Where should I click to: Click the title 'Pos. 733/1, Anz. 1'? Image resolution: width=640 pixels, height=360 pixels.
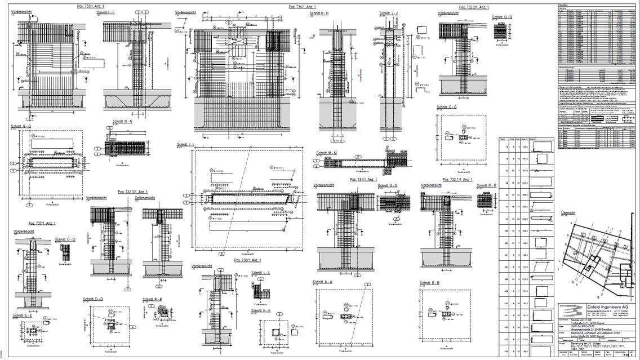point(90,5)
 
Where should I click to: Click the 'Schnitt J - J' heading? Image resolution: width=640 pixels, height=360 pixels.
point(389,13)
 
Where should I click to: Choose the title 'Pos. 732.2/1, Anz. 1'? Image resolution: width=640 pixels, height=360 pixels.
point(474,7)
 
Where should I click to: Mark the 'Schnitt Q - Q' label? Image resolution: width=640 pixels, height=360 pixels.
point(502,17)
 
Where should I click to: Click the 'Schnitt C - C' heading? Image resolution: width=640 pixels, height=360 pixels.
point(447,107)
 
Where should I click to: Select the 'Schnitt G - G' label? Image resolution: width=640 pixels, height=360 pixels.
point(21,126)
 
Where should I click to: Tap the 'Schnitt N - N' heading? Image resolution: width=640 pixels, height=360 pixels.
point(122,121)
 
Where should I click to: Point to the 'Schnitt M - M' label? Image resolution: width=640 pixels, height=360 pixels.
point(326,153)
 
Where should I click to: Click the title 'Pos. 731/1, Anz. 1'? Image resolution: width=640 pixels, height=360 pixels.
point(364,180)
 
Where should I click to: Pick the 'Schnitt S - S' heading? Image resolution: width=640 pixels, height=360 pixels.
point(389,185)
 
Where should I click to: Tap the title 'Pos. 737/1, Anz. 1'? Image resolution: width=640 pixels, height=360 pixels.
point(31,224)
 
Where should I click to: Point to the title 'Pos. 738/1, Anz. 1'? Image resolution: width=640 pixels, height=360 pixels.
point(248,260)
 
